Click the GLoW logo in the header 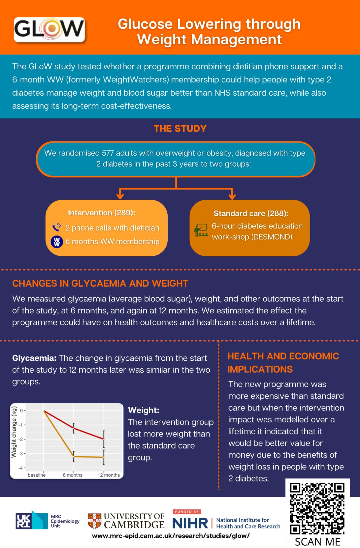tap(49, 29)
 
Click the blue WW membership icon tap(57, 242)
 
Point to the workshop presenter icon tap(201, 230)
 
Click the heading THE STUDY tap(180, 129)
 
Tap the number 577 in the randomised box tap(108, 153)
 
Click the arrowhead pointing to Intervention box tap(120, 196)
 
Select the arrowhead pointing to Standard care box tap(232, 196)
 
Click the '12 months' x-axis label tap(109, 475)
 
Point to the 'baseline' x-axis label tap(37, 475)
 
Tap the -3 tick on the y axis tap(21, 454)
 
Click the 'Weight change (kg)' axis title tap(14, 432)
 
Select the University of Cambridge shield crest tap(94, 521)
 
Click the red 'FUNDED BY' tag tap(187, 512)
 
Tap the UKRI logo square tap(24, 520)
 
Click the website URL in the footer tap(171, 536)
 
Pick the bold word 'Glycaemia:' tap(34, 358)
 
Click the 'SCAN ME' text tap(317, 542)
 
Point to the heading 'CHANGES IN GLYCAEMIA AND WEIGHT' tap(100, 284)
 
